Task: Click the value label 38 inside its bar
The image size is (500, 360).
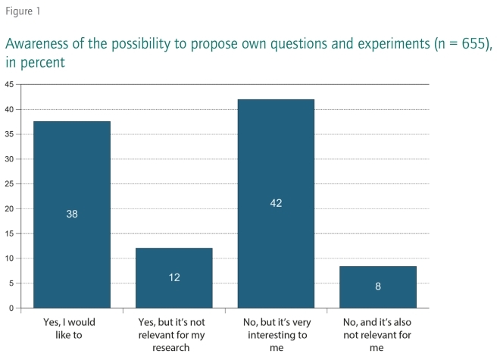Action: [x=72, y=214]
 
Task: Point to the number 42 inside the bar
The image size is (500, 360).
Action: [x=276, y=204]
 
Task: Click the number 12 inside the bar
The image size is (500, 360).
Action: [x=174, y=277]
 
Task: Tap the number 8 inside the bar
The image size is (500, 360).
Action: [x=377, y=286]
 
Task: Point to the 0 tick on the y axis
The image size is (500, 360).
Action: [x=11, y=308]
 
